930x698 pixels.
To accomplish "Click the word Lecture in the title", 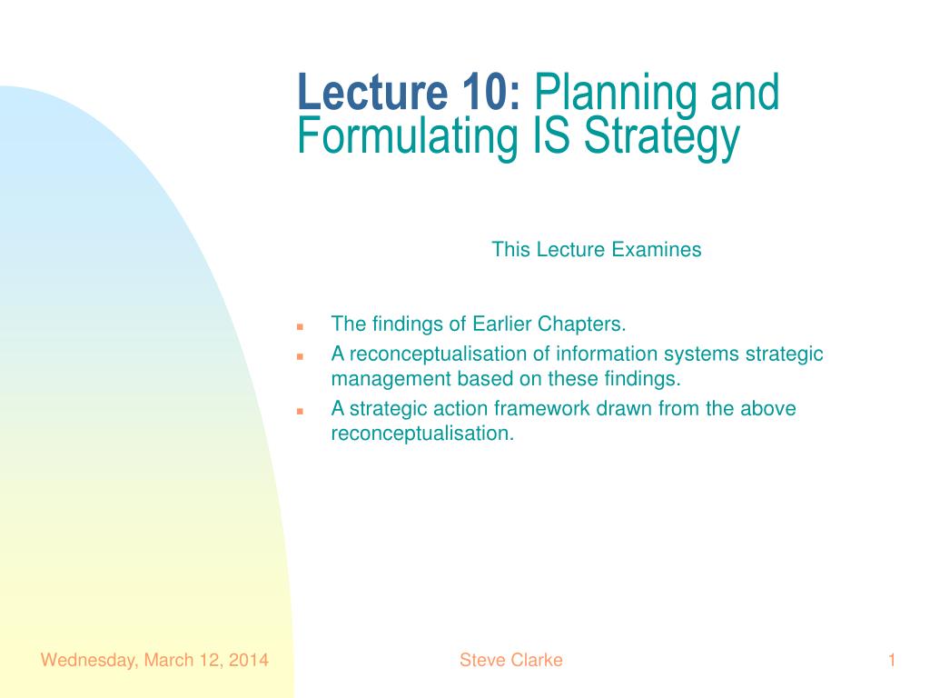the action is pyautogui.click(x=372, y=92).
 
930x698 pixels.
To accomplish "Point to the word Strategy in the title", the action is pyautogui.click(x=662, y=140).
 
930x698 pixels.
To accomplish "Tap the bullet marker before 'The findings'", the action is pyautogui.click(x=300, y=326).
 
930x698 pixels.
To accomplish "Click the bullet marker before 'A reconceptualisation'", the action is pyautogui.click(x=300, y=356).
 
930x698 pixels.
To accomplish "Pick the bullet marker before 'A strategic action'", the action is pyautogui.click(x=300, y=411).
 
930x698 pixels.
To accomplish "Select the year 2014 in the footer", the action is pyautogui.click(x=249, y=660).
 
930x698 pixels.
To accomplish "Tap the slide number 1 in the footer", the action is pyautogui.click(x=892, y=660).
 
